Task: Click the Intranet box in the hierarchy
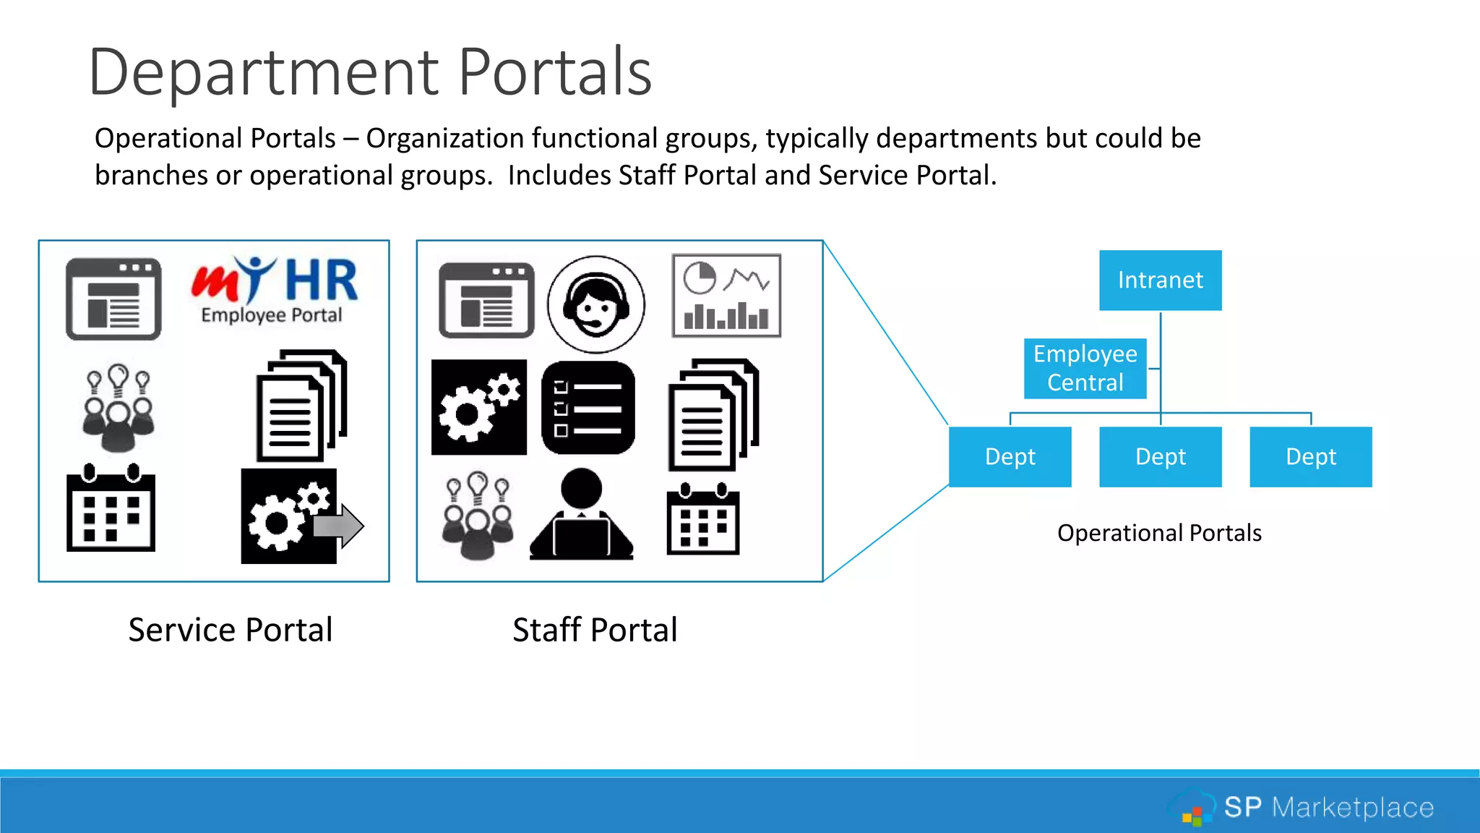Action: pos(1160,281)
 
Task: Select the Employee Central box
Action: pos(1085,368)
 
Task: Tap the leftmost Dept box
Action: pos(1010,457)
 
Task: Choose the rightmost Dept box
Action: pos(1310,457)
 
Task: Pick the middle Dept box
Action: pos(1160,457)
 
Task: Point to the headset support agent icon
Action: pos(595,304)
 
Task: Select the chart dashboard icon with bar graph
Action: pos(726,296)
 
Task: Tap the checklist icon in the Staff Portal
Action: pos(588,408)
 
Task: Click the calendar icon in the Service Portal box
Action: pos(111,508)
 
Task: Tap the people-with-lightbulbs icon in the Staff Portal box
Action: pos(478,515)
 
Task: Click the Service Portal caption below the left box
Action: pos(231,630)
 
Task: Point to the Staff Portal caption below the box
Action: pos(595,630)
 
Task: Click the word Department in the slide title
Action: pos(264,72)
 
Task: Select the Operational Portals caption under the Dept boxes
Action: pos(1159,533)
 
